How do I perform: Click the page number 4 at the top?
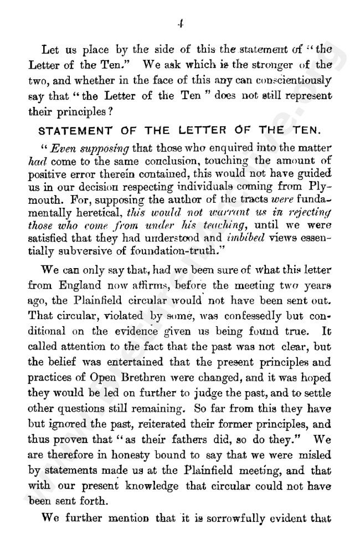pyautogui.click(x=181, y=24)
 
